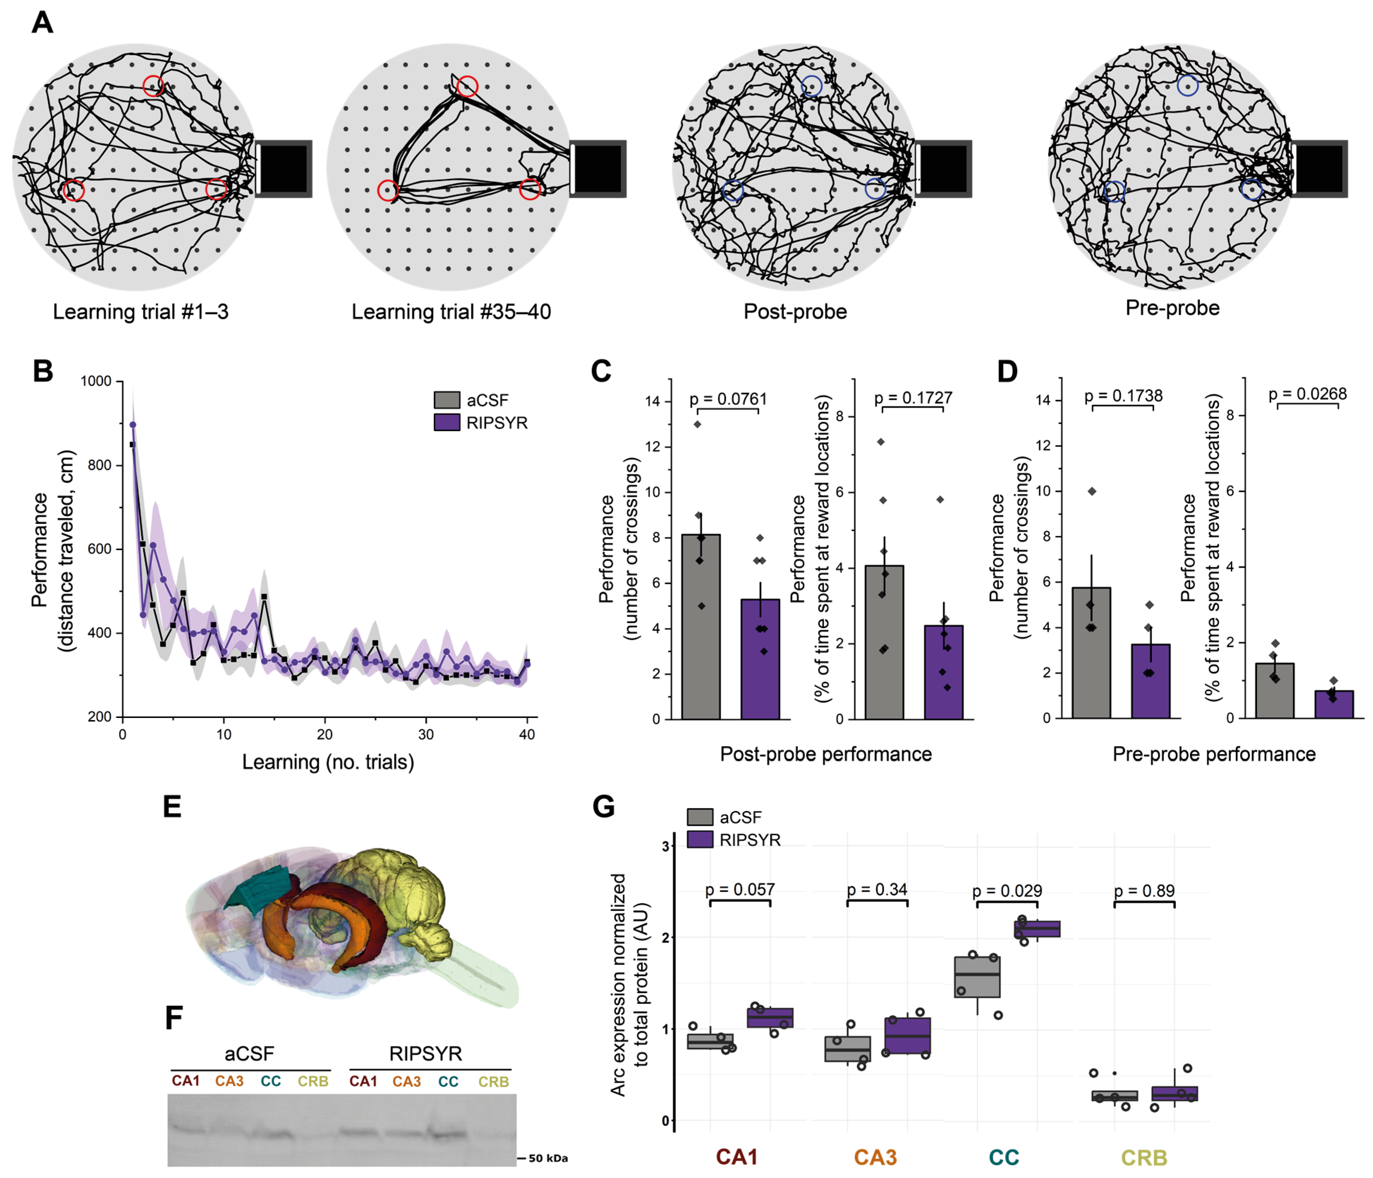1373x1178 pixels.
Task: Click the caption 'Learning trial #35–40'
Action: pos(451,312)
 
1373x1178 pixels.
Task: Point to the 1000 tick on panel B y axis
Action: pos(96,381)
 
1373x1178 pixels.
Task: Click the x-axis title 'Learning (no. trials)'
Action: pos(328,762)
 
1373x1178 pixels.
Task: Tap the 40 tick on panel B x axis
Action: pos(527,735)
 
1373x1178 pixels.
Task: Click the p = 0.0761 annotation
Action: pos(728,399)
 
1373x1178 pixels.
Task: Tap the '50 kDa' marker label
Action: pos(547,1158)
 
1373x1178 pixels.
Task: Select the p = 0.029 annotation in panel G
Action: pos(1007,890)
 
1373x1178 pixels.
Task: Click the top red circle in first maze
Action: pos(153,85)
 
